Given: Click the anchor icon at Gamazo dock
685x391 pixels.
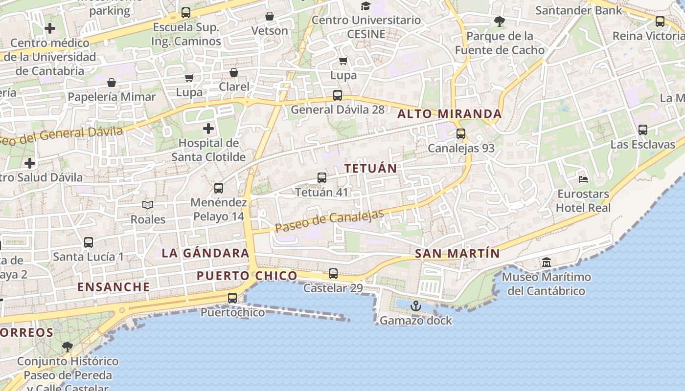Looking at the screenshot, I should tap(415, 306).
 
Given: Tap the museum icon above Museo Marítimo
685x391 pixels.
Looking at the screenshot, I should tap(547, 262).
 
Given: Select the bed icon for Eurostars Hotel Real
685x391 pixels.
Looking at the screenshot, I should tap(583, 179).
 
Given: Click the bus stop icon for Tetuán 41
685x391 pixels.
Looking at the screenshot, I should tap(322, 178).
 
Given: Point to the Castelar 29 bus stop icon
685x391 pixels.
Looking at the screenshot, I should tap(333, 274).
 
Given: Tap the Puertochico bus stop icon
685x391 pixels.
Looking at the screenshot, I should tap(232, 298).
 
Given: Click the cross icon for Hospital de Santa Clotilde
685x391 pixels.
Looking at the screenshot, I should tap(208, 129).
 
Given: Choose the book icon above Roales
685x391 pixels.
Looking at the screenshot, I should tap(148, 205).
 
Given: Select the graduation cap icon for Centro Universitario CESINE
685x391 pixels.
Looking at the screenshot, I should tap(365, 6).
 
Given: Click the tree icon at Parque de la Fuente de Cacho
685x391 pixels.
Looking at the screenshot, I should tap(500, 22).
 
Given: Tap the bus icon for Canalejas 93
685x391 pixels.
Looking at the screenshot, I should tap(461, 134).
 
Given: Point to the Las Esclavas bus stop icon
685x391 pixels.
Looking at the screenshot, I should tap(643, 130).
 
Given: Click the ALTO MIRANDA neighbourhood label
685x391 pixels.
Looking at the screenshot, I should tap(450, 114).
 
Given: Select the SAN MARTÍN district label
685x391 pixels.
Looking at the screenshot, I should tap(457, 254).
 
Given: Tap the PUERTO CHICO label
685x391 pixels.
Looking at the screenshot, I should tap(247, 276).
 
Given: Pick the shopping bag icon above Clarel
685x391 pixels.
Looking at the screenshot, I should tap(234, 73).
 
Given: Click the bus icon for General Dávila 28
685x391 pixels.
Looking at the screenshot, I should tap(338, 95).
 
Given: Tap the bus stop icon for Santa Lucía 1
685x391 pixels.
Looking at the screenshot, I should tap(89, 242).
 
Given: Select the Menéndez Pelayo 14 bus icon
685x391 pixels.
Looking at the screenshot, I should tap(219, 188).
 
